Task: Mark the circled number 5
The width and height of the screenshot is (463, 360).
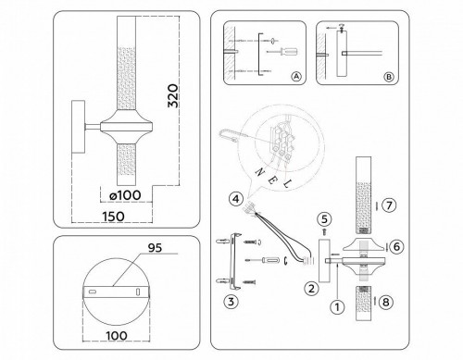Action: (x=324, y=218)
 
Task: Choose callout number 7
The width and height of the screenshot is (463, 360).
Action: (x=390, y=204)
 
